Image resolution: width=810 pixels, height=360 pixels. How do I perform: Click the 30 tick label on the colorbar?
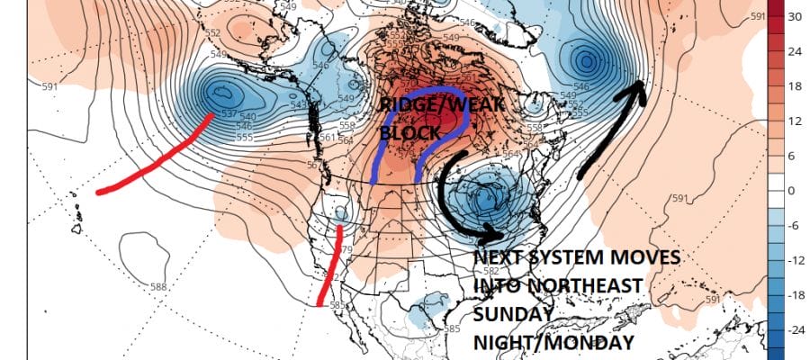coord(795,17)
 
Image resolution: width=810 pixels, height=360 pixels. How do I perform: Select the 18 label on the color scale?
coord(795,86)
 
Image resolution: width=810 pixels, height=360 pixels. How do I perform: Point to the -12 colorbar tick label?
coord(795,260)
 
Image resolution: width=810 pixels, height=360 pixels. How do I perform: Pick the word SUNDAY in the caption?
coord(511,314)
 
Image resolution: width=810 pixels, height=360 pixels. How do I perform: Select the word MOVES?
coord(646,257)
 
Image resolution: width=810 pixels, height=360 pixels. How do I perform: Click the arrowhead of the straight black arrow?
coord(638,85)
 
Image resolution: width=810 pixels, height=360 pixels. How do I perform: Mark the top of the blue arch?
coord(423,92)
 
